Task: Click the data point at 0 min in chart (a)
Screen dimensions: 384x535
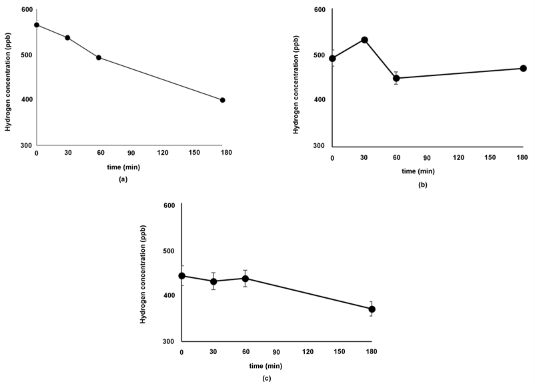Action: [x=37, y=25]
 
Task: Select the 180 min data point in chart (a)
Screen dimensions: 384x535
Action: [x=222, y=100]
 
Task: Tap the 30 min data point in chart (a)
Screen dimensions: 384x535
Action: [x=67, y=37]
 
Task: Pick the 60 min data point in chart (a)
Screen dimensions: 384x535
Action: [x=99, y=57]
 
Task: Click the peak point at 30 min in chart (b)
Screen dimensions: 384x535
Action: [x=364, y=39]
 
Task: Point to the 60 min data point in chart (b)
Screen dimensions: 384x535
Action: [x=396, y=78]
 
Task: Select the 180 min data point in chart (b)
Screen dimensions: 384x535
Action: [x=524, y=68]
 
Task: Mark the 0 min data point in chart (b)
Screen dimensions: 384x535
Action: [x=332, y=58]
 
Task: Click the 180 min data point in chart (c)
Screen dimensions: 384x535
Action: [x=372, y=309]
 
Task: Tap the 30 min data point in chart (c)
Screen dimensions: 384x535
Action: [x=213, y=281]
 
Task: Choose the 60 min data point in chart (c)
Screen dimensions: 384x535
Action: [x=245, y=279]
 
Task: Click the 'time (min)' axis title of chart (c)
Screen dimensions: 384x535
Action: [x=276, y=366]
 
